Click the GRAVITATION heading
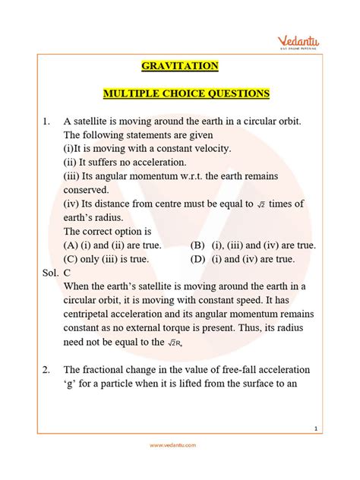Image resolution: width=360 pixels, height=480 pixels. [180, 66]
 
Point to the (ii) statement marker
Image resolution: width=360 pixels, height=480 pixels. [72, 163]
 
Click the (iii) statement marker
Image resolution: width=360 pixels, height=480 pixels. [74, 176]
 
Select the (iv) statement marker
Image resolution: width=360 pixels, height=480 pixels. [74, 204]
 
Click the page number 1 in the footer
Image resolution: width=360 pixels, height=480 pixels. [336, 429]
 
